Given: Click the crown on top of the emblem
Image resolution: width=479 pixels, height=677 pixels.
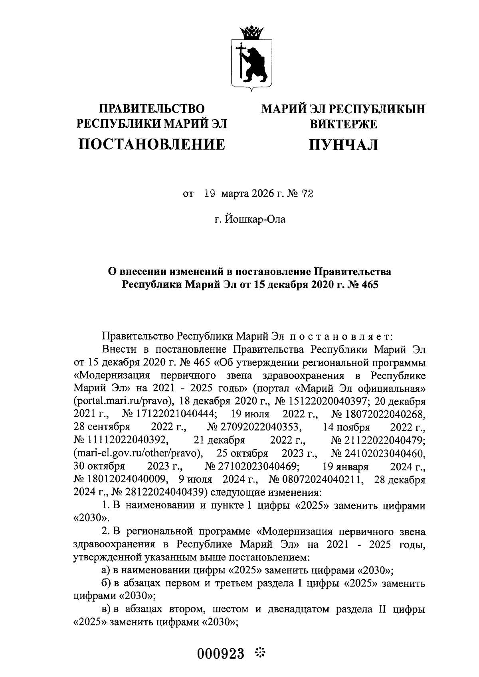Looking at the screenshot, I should [251, 32].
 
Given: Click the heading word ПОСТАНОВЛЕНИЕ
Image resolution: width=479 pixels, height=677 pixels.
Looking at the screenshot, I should [151, 144].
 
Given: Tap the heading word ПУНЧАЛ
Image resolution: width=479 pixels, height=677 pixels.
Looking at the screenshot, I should [343, 145].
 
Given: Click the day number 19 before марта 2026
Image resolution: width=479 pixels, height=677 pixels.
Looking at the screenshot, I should [210, 194].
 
